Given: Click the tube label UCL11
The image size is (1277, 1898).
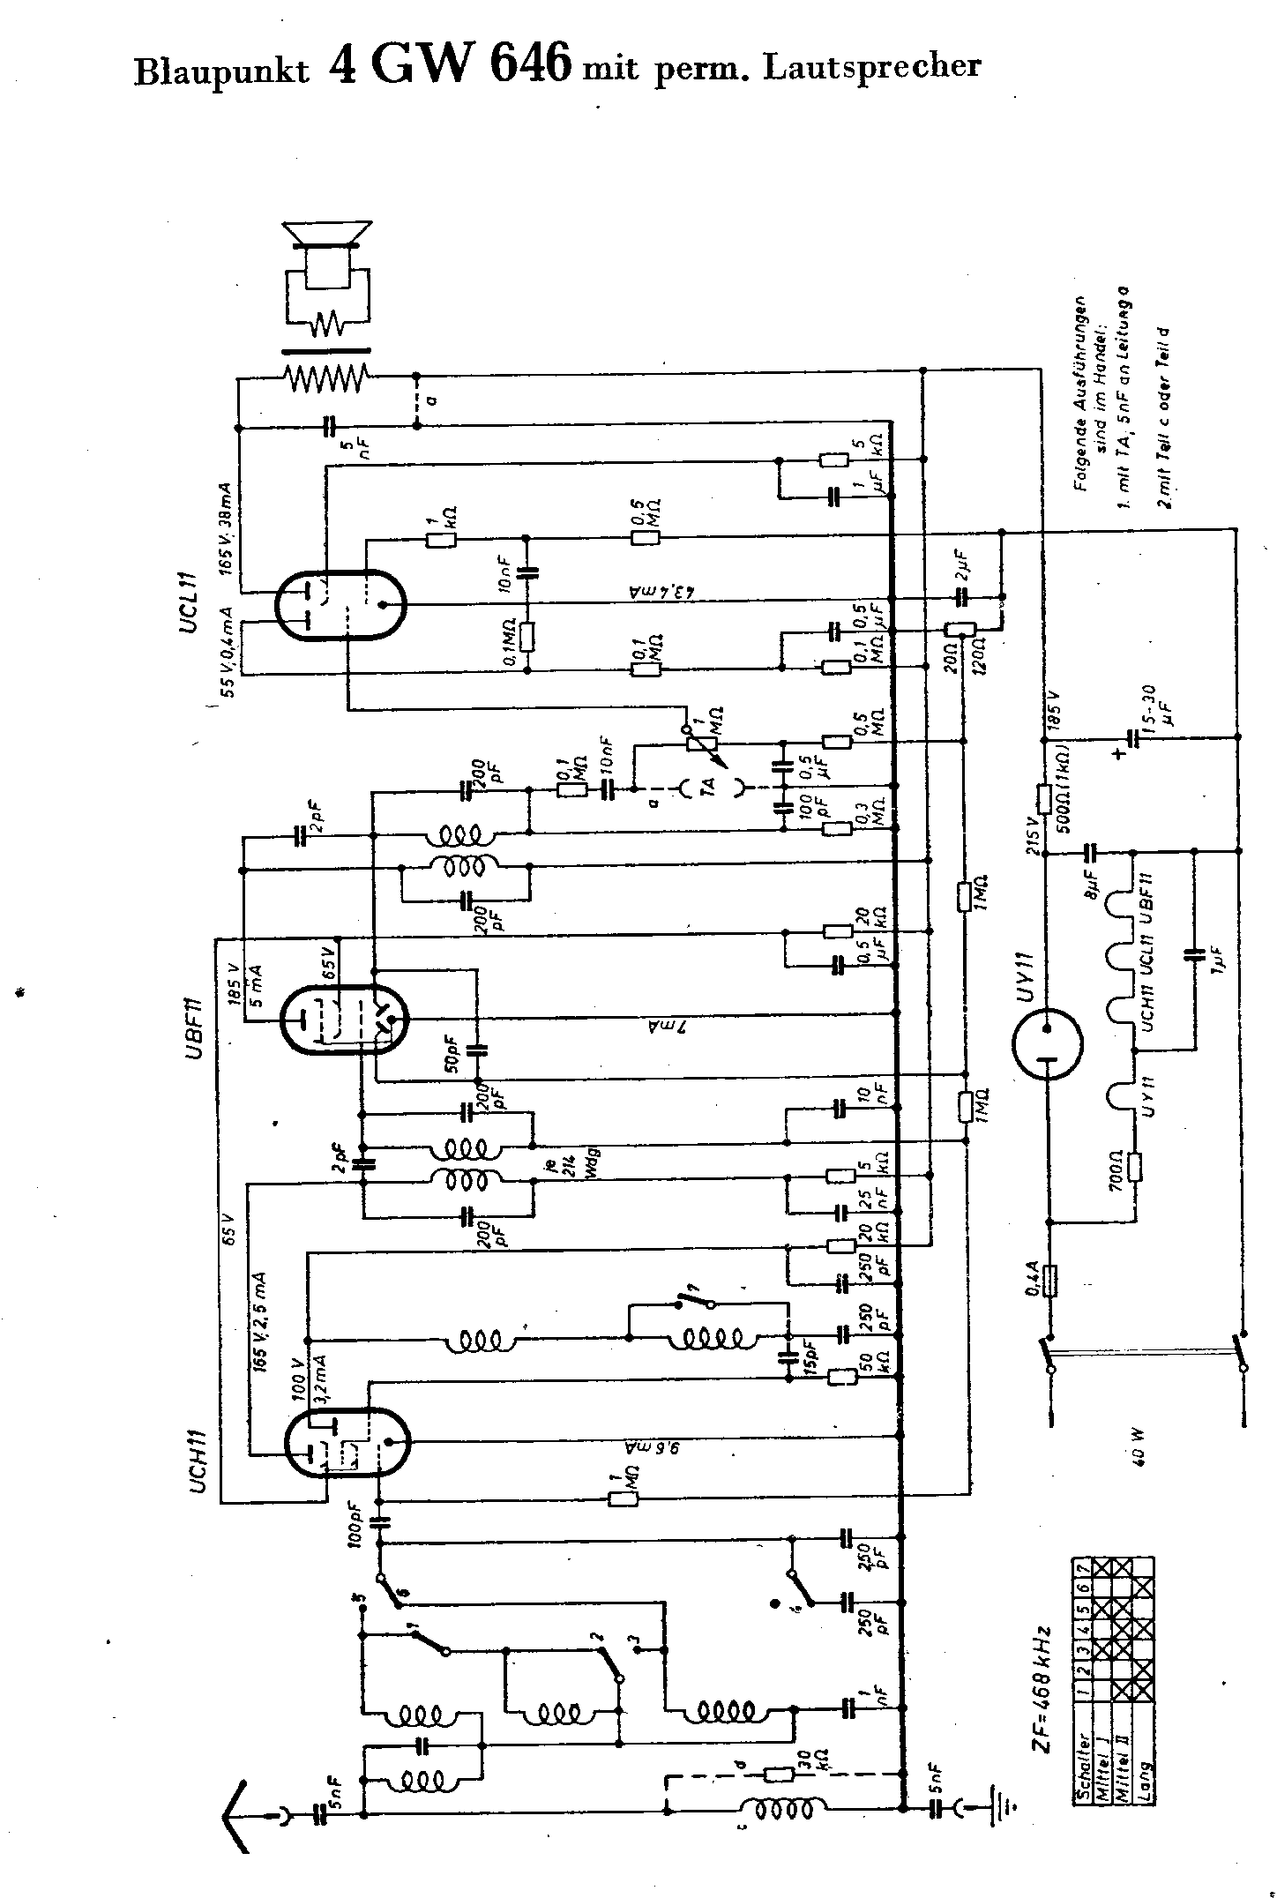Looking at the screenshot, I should (x=196, y=604).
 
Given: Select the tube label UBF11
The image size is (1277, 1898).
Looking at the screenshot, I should (x=196, y=1026).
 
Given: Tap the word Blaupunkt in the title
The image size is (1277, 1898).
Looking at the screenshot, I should (x=221, y=72).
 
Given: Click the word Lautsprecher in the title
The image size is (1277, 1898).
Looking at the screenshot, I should (x=871, y=67).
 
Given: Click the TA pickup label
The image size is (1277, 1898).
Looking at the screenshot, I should (x=712, y=783).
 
